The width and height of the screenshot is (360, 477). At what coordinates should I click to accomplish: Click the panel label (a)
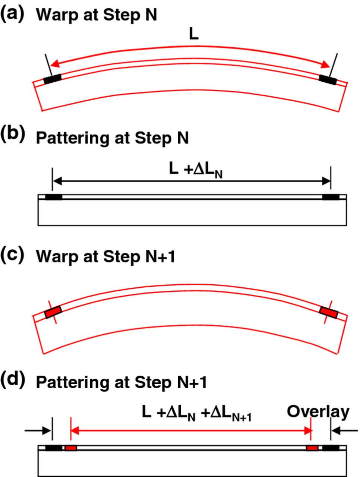(x=12, y=15)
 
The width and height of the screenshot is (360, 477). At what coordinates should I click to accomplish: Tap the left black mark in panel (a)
(x=52, y=79)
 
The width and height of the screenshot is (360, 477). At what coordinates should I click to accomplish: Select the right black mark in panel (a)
(x=328, y=79)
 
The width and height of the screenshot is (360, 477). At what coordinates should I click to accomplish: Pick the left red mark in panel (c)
(x=53, y=312)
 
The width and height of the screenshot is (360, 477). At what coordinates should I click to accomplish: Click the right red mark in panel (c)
(x=329, y=312)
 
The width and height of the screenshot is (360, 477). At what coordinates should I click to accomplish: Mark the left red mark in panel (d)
(x=70, y=448)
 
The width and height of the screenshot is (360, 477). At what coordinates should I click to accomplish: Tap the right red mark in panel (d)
(x=312, y=448)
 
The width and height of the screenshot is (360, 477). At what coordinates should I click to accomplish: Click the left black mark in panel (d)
(x=54, y=448)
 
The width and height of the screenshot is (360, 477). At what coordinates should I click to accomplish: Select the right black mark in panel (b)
(x=331, y=197)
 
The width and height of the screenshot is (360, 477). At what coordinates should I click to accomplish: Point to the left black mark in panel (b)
(x=54, y=197)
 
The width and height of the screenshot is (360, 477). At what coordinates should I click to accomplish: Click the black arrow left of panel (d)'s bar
(x=38, y=431)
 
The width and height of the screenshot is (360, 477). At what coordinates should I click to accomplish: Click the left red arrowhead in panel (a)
(x=55, y=64)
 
